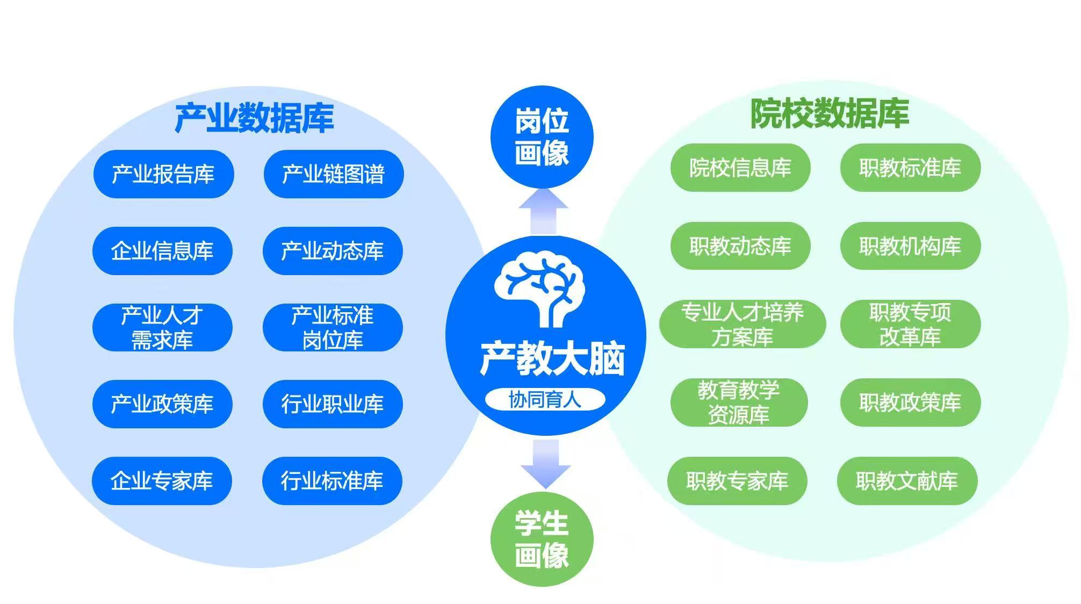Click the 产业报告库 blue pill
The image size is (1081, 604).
click(x=163, y=174)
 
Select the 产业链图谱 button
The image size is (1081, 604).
click(x=334, y=174)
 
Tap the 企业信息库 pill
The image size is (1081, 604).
click(x=162, y=251)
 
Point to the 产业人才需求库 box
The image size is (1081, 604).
click(x=162, y=328)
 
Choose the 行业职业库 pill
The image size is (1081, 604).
click(x=333, y=404)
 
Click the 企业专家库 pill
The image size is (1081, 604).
click(x=162, y=481)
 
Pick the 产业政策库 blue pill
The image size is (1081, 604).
click(x=162, y=404)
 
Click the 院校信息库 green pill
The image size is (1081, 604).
click(x=740, y=168)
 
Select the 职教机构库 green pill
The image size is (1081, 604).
click(x=911, y=246)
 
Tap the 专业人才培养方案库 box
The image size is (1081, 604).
click(x=743, y=325)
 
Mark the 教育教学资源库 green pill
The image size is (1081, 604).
click(x=739, y=402)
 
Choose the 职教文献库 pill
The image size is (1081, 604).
click(x=907, y=481)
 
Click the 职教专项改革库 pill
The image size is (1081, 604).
click(x=911, y=325)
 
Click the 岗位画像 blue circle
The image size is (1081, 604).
click(x=542, y=137)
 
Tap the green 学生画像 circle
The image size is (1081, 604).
click(x=542, y=539)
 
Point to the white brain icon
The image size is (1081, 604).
click(x=539, y=291)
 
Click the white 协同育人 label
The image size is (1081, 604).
click(x=545, y=399)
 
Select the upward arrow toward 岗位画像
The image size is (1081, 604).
click(x=543, y=211)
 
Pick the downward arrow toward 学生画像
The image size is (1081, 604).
click(x=546, y=464)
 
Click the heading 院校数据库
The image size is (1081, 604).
click(x=830, y=114)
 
